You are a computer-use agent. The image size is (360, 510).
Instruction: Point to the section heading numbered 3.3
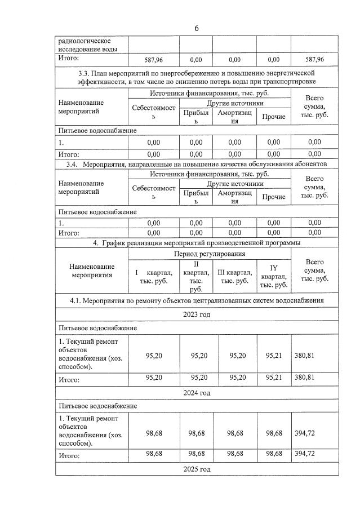coord(196,77)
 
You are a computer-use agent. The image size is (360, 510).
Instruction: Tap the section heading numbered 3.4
coord(196,163)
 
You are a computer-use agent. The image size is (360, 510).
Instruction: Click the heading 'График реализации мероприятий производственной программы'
coord(196,243)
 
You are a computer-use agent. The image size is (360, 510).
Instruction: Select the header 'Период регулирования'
coord(210,254)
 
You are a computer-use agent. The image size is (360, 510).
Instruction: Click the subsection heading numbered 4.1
coord(196,300)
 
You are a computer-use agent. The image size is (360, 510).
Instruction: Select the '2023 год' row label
coord(196,314)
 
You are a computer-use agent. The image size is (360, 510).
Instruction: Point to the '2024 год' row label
coord(196,393)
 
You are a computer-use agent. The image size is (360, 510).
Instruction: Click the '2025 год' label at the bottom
coord(196,469)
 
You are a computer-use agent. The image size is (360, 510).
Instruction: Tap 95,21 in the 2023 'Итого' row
coord(273,378)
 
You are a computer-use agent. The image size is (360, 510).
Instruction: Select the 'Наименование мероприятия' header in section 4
coord(92,271)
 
